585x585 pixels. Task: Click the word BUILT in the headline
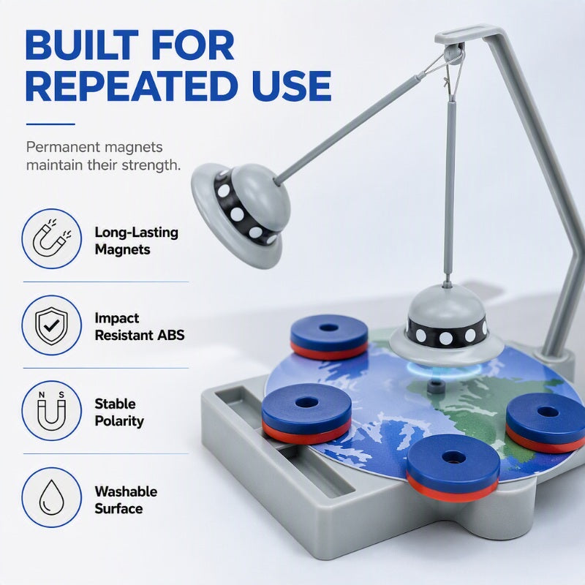click(x=81, y=45)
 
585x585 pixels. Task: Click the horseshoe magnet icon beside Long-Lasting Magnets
click(x=51, y=238)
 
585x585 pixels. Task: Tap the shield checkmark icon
click(x=51, y=325)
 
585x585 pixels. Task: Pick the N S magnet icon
click(x=51, y=411)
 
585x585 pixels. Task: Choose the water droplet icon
click(x=51, y=497)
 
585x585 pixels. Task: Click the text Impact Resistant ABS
click(x=140, y=326)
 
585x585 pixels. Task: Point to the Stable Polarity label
click(x=119, y=412)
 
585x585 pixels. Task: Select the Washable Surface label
click(x=126, y=500)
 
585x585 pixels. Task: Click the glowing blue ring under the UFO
click(x=443, y=369)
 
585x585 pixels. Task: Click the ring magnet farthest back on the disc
click(x=329, y=337)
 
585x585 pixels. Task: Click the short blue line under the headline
click(x=50, y=124)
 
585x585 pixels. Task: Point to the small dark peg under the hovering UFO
click(x=434, y=386)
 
